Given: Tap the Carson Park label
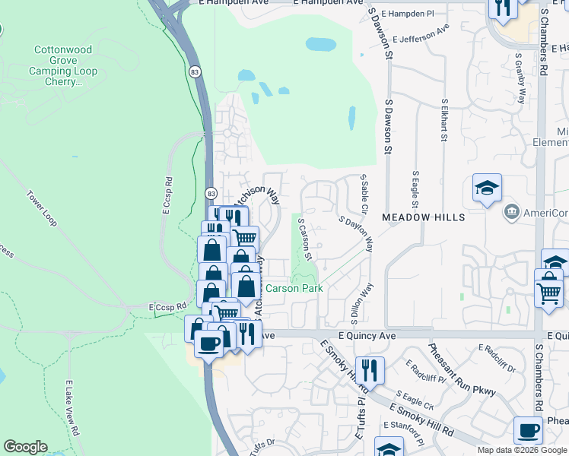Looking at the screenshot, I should coord(294,288).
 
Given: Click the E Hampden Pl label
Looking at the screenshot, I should coord(407,14).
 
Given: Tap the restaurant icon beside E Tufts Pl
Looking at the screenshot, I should coord(370,370).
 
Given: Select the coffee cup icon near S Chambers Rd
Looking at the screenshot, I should coord(528,429).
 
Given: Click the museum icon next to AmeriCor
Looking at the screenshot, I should coord(511,211).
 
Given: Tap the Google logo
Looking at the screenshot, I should coord(25,447).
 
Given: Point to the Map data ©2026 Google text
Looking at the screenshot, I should coord(522,450).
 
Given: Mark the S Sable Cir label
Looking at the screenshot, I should coord(364,192).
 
